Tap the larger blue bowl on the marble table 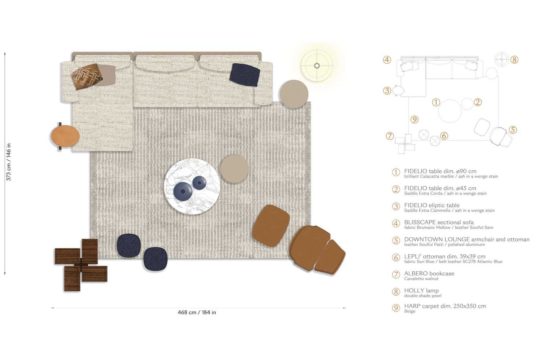point(183,191)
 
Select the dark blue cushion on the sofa point(245,75)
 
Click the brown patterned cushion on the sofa point(86,76)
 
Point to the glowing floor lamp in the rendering point(317,65)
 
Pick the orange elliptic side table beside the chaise point(65,136)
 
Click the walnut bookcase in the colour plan point(81,264)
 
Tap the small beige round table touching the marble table point(234,169)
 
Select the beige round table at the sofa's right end point(294,94)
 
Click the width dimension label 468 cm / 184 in point(197,312)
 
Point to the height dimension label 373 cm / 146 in point(9,162)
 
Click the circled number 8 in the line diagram point(514,60)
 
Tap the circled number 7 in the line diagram point(390,136)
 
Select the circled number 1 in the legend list point(396,172)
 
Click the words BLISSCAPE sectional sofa point(439,222)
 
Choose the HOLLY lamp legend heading point(421,291)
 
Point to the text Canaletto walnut point(421,279)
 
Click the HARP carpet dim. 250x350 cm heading point(445,306)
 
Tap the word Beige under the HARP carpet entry point(410,312)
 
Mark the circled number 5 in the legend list point(396,241)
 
